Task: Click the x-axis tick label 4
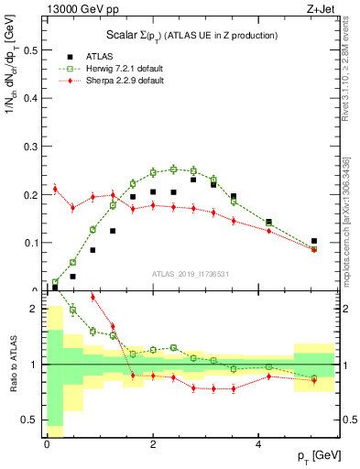[x=259, y=444]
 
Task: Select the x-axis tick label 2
[x=153, y=444]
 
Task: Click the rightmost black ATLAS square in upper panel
[x=314, y=241]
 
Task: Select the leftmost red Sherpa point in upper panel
[x=55, y=189]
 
